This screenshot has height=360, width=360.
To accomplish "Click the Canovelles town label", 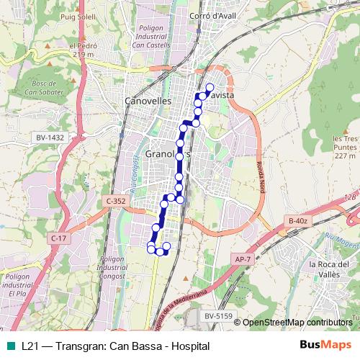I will click(148, 102).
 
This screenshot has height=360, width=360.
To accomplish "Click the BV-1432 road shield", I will click(49, 136).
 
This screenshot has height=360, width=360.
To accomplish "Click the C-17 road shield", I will click(59, 238).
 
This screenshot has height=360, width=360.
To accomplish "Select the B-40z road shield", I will click(297, 220).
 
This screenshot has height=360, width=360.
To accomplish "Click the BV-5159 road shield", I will click(218, 315).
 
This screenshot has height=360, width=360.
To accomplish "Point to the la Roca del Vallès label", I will click(333, 269).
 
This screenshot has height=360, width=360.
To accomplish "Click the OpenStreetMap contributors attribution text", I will click(297, 322).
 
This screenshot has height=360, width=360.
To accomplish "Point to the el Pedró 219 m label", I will click(82, 50).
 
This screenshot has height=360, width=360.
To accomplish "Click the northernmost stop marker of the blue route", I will click(210, 89).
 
